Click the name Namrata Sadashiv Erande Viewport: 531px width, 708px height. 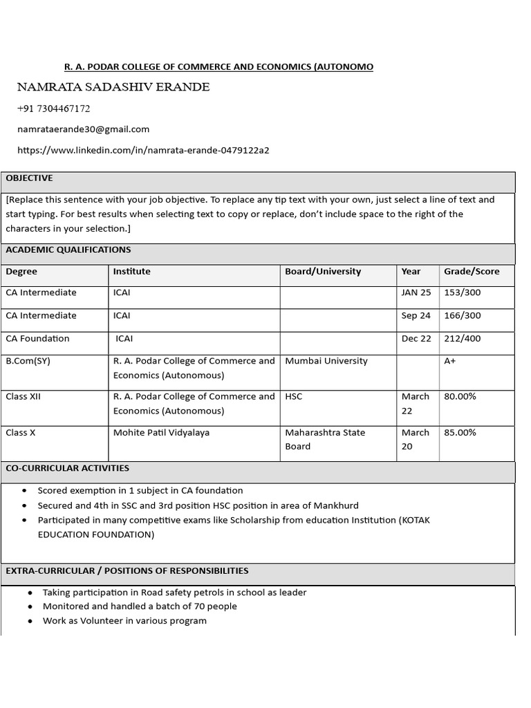[113, 87]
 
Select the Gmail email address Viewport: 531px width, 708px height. [83, 129]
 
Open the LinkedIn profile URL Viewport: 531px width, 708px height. [143, 150]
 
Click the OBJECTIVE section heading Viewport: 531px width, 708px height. [29, 178]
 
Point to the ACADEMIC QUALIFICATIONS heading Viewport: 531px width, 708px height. [68, 250]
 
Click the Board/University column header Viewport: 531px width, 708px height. [323, 272]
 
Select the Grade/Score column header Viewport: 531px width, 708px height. [472, 272]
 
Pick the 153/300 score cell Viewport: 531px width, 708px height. [463, 292]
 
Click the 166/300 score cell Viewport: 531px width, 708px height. [463, 316]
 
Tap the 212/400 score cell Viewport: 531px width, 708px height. [463, 339]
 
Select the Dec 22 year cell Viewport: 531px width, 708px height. [416, 339]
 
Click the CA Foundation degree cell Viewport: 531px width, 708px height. [38, 339]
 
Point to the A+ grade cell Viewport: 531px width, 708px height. [450, 361]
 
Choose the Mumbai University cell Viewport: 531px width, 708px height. [326, 361]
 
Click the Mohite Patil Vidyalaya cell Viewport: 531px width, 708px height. [161, 433]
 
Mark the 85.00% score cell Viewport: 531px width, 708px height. [460, 433]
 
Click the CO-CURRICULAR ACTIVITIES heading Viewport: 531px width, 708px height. [68, 468]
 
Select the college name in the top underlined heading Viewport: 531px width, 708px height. [218, 67]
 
